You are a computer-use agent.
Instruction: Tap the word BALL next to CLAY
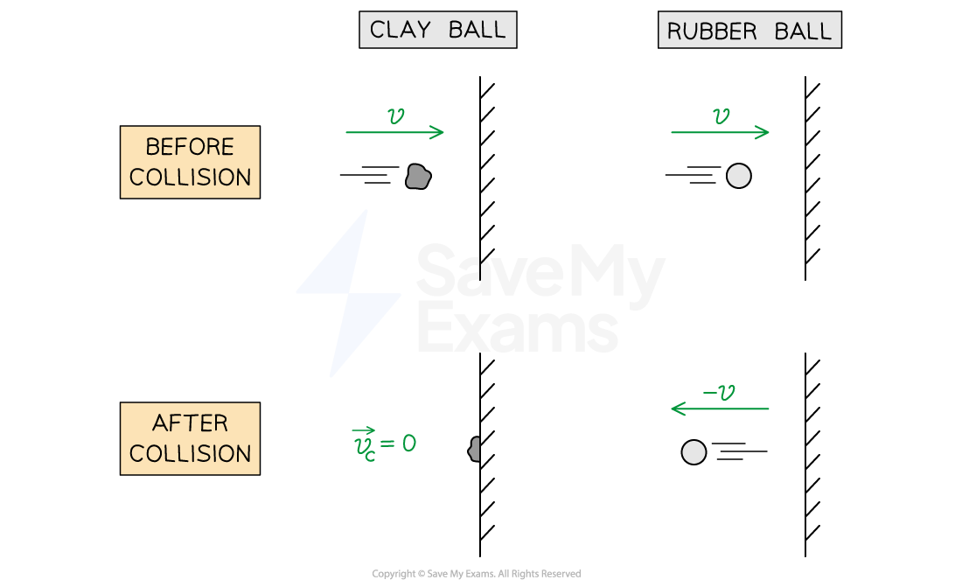pos(477,30)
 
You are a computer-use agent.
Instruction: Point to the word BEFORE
pos(190,147)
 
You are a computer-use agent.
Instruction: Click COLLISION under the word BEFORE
pos(190,178)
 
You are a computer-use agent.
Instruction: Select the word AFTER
pos(190,423)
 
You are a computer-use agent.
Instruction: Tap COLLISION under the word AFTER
pos(190,454)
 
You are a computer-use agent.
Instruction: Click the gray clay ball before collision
pos(418,177)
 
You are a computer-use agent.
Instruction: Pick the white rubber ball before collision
pos(739,176)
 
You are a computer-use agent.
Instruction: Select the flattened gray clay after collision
pos(475,450)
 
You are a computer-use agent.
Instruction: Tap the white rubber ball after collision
pos(694,452)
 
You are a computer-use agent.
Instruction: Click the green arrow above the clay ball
pos(395,133)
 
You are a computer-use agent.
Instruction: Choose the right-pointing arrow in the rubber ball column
pos(720,133)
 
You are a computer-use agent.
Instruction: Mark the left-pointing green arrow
pos(720,409)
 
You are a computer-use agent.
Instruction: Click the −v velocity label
pos(719,393)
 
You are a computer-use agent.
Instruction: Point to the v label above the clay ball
pos(395,116)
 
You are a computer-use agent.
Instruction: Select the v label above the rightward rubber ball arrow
pos(721,116)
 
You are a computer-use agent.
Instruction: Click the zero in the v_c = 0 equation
pos(408,444)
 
